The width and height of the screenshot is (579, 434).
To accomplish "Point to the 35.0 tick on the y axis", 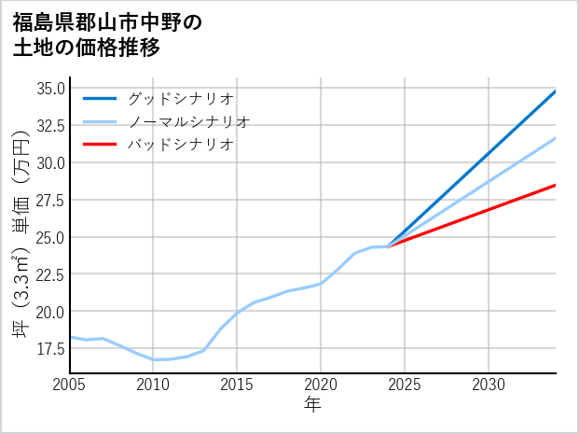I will click(49, 89).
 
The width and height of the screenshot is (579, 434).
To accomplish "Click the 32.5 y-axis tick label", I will click(49, 125).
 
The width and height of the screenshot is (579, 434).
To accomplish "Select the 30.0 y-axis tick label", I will click(49, 162).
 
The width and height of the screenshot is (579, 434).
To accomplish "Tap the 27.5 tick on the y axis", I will click(49, 200).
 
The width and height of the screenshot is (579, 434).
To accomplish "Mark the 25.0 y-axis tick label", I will click(49, 237).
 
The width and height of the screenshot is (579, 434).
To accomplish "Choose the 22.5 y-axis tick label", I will click(49, 274).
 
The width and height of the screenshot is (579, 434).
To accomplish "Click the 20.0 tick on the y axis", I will click(49, 311).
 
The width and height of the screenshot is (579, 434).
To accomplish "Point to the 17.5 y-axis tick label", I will click(49, 348).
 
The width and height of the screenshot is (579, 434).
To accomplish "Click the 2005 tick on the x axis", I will click(69, 385).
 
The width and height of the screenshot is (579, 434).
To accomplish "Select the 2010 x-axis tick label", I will click(153, 385).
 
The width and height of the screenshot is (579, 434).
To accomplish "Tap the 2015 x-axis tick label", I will click(237, 385).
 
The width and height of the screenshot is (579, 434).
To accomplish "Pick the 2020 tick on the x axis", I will click(321, 385).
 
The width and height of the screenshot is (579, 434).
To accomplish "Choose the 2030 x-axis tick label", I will click(489, 385).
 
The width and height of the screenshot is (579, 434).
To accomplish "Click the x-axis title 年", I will click(312, 405).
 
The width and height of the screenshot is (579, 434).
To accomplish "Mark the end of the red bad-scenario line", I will click(555, 186).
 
